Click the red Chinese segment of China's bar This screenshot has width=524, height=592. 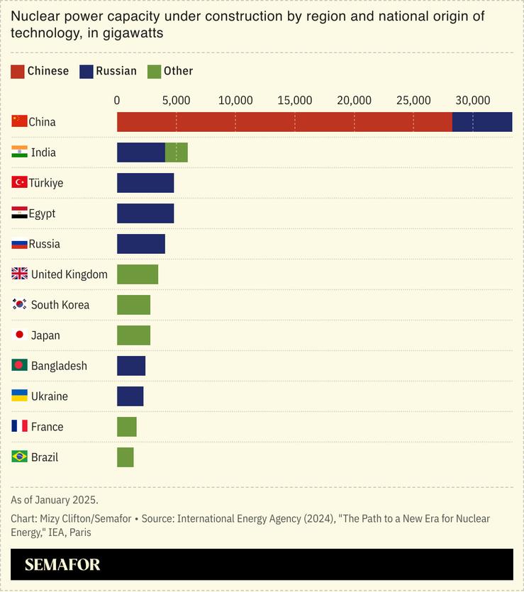(x=284, y=122)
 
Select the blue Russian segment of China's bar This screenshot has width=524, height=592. (x=482, y=122)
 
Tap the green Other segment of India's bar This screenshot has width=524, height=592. (x=177, y=152)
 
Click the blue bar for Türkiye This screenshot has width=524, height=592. (x=145, y=183)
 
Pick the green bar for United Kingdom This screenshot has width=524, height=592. (x=138, y=274)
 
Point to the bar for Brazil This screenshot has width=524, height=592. (x=126, y=457)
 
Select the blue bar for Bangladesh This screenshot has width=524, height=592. (x=131, y=366)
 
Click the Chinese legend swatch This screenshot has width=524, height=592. (x=17, y=71)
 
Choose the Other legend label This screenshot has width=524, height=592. (x=178, y=71)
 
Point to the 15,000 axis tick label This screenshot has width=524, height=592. (x=295, y=101)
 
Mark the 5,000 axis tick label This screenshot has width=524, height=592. (x=176, y=101)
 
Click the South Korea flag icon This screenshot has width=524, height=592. (x=20, y=305)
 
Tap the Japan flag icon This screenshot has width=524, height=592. (x=20, y=335)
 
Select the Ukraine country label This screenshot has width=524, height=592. (x=50, y=396)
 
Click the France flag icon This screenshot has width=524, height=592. (x=20, y=427)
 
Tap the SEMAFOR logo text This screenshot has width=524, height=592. (x=62, y=565)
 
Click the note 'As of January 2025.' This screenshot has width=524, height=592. (x=55, y=500)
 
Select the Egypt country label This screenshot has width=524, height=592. (x=42, y=213)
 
